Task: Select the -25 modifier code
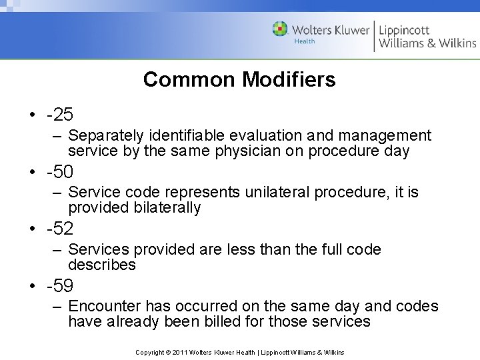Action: coord(60,115)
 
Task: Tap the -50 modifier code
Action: coord(60,172)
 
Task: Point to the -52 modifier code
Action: coord(60,229)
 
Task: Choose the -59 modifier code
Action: coord(60,287)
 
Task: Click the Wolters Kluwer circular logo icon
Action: coord(281,29)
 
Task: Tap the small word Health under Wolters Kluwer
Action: coord(305,41)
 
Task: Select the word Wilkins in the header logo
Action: coord(457,43)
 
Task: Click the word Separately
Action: coord(105,136)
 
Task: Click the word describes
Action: coord(102,265)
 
